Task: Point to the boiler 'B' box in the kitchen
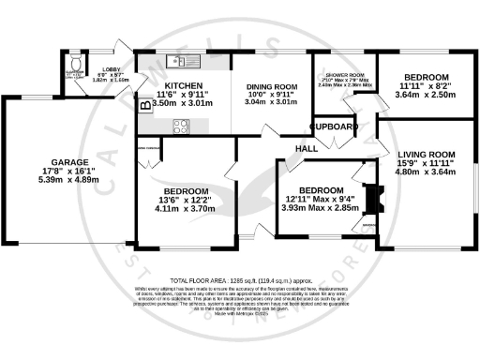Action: pyautogui.click(x=145, y=106)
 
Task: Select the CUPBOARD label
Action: pyautogui.click(x=333, y=127)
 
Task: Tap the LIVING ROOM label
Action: pyautogui.click(x=426, y=154)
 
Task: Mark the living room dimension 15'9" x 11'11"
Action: pyautogui.click(x=426, y=163)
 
